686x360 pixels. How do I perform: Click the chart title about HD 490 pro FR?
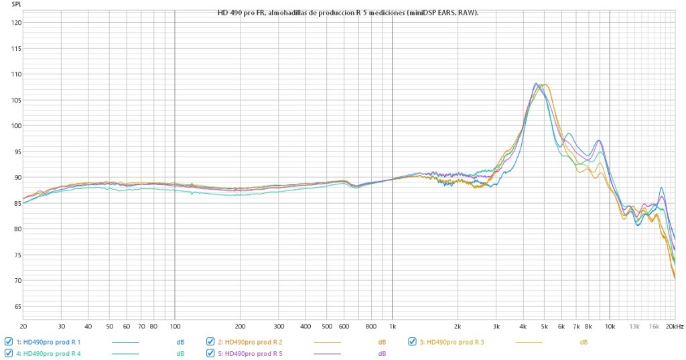pyautogui.click(x=348, y=13)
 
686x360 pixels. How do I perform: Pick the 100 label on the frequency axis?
pyautogui.click(x=175, y=326)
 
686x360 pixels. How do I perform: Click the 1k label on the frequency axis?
pyautogui.click(x=392, y=326)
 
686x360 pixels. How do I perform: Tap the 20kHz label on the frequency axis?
pyautogui.click(x=675, y=326)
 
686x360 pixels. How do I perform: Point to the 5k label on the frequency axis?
pyautogui.click(x=544, y=326)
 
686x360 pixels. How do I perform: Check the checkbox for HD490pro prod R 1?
pyautogui.click(x=8, y=341)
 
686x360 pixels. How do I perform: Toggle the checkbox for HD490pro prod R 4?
pyautogui.click(x=8, y=353)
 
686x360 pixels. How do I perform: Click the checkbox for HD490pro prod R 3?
pyautogui.click(x=412, y=341)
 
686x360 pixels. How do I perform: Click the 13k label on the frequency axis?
pyautogui.click(x=634, y=326)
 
